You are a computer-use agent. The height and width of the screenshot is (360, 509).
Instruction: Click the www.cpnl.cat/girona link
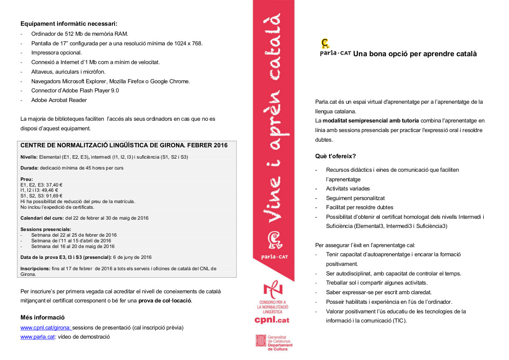click(46, 327)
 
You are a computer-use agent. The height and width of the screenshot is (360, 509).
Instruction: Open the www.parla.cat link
click(37, 336)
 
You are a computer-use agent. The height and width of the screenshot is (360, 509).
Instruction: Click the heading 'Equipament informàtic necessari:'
click(69, 24)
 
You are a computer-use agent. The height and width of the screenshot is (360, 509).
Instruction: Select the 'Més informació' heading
click(43, 317)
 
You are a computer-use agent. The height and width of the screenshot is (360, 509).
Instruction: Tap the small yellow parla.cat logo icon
click(325, 43)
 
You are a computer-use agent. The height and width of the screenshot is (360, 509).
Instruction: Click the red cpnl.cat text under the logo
click(272, 320)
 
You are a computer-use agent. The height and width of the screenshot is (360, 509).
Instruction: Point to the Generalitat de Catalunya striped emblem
click(260, 341)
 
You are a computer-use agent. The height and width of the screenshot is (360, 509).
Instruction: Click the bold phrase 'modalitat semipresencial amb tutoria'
click(371, 121)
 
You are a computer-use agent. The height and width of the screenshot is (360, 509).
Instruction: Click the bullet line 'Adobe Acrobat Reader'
click(59, 100)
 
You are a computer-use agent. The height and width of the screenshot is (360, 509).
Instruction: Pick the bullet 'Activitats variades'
click(348, 189)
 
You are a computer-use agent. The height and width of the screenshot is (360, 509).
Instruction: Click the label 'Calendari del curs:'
click(42, 218)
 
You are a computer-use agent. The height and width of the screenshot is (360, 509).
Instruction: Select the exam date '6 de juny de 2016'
click(132, 257)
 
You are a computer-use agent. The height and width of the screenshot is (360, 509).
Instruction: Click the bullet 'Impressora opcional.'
click(56, 52)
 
